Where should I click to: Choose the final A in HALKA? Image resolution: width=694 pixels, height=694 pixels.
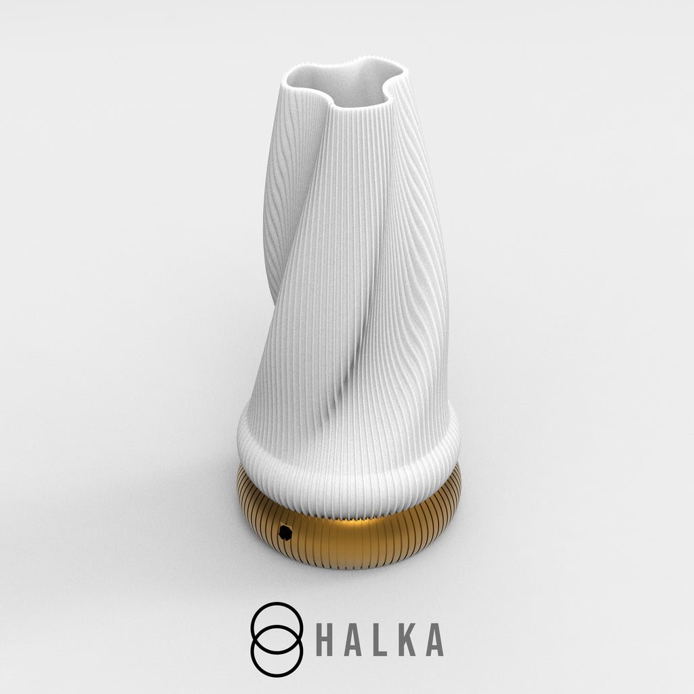(x=434, y=640)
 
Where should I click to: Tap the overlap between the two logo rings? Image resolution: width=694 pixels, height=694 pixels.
(x=277, y=640)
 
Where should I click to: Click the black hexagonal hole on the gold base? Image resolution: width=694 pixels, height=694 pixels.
(x=285, y=532)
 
